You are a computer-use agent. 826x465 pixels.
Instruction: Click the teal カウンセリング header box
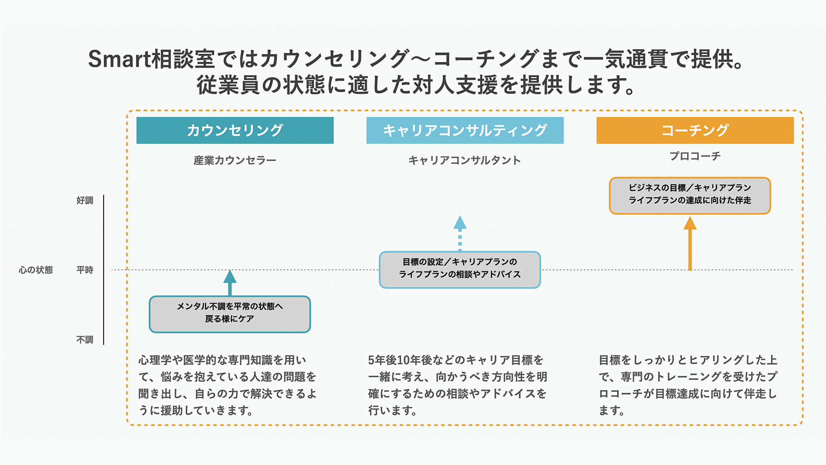pyautogui.click(x=235, y=130)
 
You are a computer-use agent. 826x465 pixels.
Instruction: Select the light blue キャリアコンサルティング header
pyautogui.click(x=465, y=130)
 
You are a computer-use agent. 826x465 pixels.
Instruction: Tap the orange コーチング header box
pyautogui.click(x=695, y=130)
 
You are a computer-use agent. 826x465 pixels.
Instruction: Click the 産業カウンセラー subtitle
pyautogui.click(x=235, y=160)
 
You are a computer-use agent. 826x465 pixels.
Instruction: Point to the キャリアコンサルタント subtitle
pyautogui.click(x=465, y=160)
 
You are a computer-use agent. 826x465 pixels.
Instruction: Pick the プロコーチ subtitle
pyautogui.click(x=695, y=156)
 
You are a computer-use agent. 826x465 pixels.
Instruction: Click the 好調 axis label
pyautogui.click(x=85, y=200)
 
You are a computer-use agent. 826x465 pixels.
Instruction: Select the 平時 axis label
pyautogui.click(x=85, y=270)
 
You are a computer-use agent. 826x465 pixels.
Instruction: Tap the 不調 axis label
pyautogui.click(x=85, y=340)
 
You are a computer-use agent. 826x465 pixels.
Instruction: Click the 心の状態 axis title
pyautogui.click(x=36, y=270)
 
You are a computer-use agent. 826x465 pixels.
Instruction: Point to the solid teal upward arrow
pyautogui.click(x=230, y=282)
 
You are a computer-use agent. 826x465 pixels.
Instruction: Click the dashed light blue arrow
pyautogui.click(x=460, y=233)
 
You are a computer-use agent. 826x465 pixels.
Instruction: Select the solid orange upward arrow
pyautogui.click(x=690, y=243)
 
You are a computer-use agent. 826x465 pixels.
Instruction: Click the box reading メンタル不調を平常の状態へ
pyautogui.click(x=230, y=314)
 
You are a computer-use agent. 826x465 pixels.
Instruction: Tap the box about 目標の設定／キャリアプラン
pyautogui.click(x=459, y=270)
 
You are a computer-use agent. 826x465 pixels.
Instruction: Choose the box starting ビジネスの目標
pyautogui.click(x=690, y=195)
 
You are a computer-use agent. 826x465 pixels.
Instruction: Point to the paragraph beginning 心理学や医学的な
pyautogui.click(x=227, y=385)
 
